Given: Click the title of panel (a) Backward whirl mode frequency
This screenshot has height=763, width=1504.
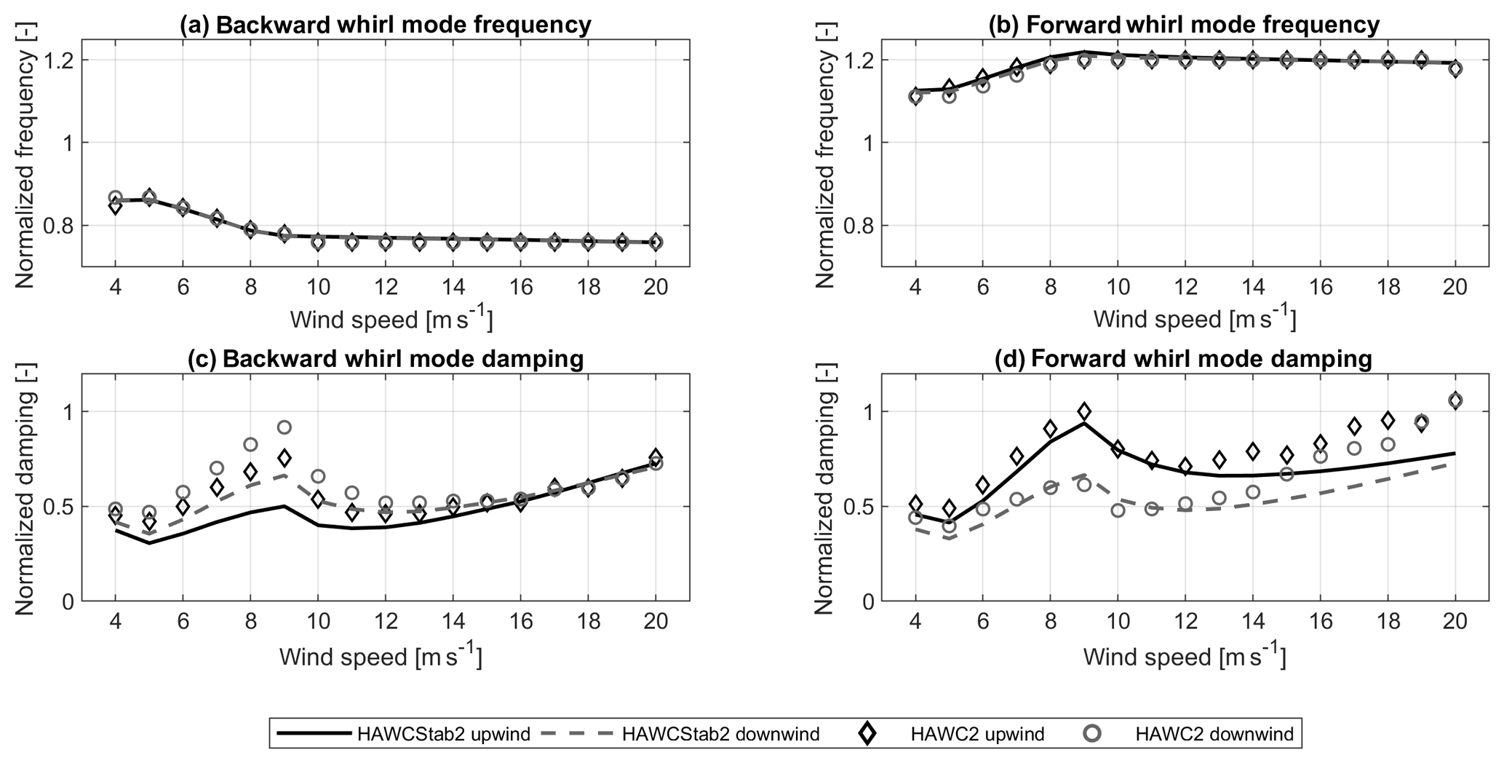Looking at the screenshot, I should tap(385, 25).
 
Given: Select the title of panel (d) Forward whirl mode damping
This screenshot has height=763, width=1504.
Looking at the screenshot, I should tap(1185, 359).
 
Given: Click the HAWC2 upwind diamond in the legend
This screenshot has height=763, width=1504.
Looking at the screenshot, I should tap(867, 734).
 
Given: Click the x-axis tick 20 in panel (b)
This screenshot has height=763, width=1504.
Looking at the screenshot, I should tap(1455, 287).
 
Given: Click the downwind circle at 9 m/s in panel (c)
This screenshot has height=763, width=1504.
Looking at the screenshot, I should tap(285, 427).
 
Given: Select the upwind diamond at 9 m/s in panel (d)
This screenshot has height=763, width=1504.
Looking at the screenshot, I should tap(1084, 411).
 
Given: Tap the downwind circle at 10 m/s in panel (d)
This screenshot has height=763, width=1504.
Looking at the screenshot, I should tap(1118, 510).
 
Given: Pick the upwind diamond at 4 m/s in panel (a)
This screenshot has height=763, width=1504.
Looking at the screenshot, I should tap(115, 206).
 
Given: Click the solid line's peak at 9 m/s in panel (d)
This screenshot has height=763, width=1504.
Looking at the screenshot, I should tap(1084, 423).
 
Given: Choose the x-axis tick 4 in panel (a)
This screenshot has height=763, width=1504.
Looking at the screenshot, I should tap(115, 287).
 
